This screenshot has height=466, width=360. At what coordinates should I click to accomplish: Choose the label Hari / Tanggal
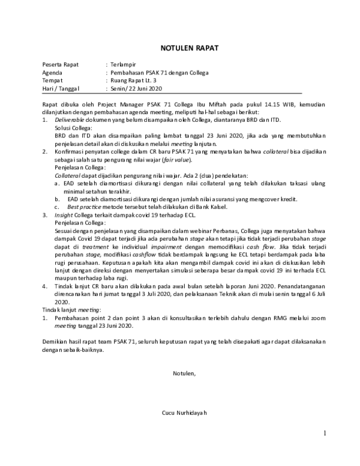62,88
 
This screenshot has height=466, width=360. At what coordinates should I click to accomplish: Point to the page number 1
324,433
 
